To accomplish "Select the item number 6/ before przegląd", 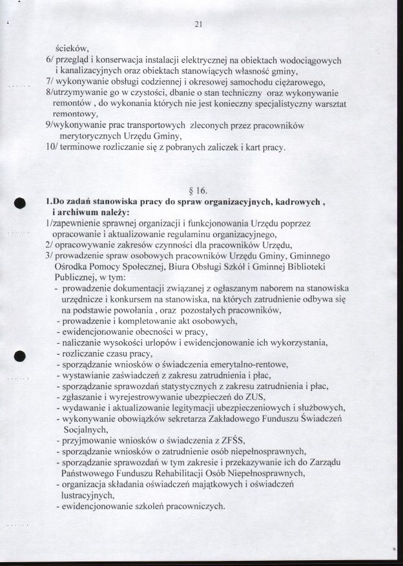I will point(50,60).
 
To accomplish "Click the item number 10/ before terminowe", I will point(52,148).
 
